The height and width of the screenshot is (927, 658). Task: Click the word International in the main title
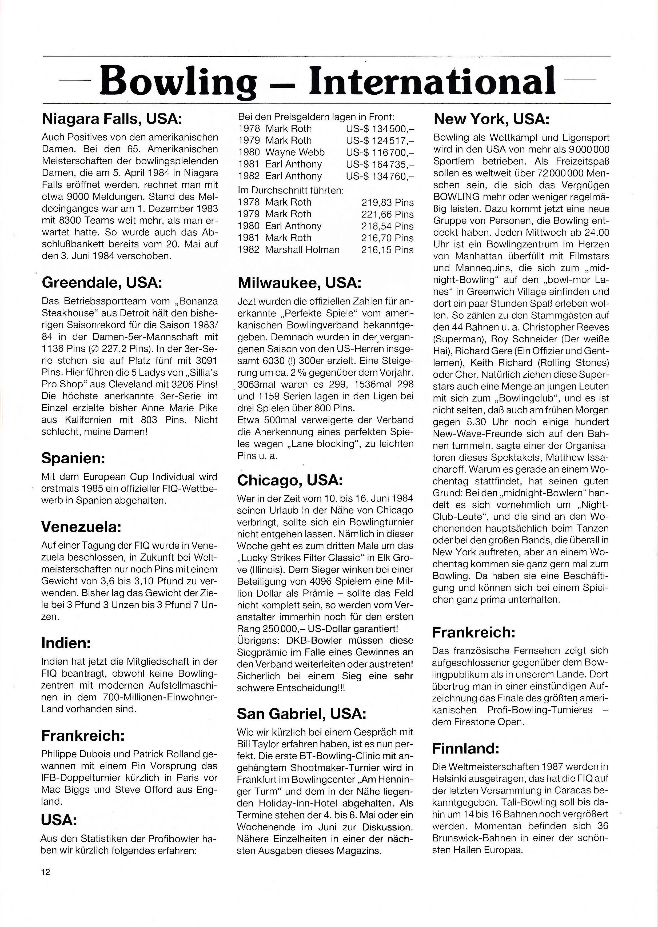[432, 79]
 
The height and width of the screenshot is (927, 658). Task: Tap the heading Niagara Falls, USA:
[112, 119]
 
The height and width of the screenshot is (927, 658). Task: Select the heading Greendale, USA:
[102, 282]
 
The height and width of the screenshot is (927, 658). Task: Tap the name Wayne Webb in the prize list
[295, 152]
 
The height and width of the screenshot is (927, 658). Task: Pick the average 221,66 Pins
[387, 214]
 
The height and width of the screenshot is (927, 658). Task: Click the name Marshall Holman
[302, 250]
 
